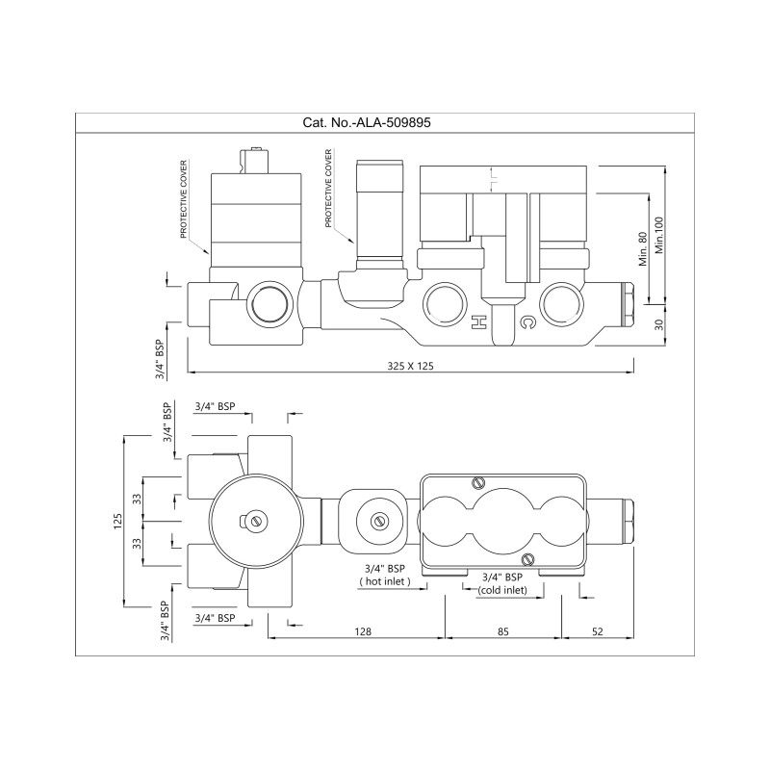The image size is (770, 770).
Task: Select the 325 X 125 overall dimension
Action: click(411, 366)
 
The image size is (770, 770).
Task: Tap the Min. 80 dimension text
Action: click(643, 248)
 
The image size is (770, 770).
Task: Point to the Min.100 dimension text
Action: click(659, 235)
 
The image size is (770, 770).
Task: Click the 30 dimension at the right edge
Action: click(659, 324)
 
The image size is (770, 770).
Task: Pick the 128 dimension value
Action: click(363, 631)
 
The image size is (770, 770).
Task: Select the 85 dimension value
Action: click(503, 631)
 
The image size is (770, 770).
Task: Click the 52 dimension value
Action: click(597, 631)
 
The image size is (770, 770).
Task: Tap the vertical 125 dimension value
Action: click(117, 521)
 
